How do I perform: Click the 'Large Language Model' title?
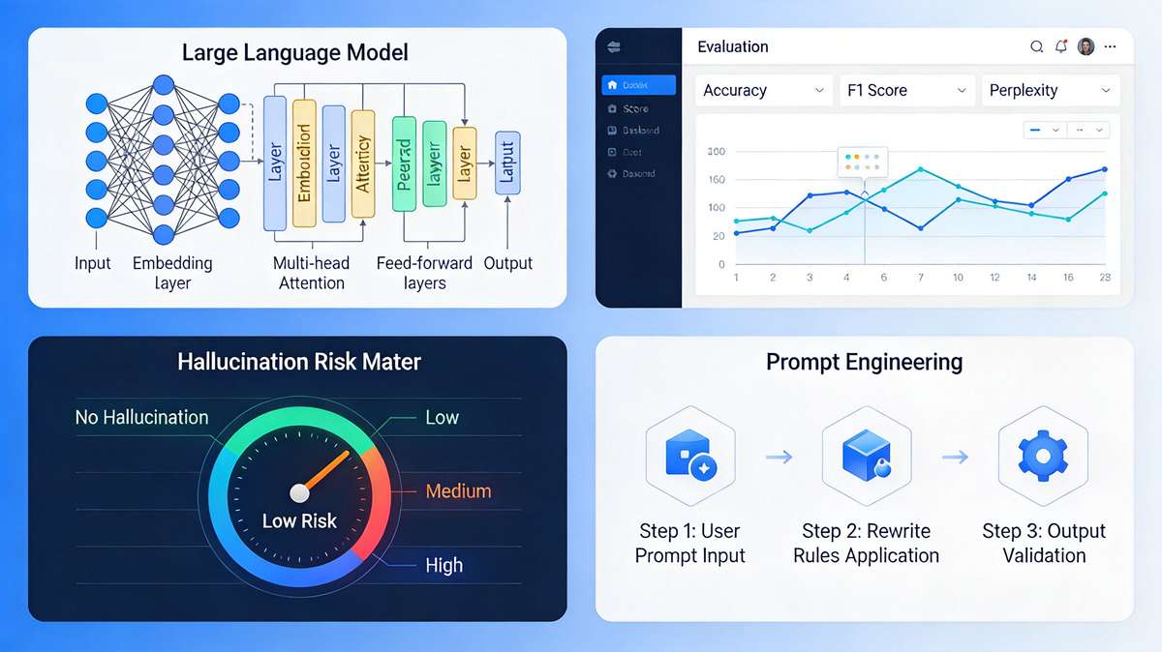point(294,52)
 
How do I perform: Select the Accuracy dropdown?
point(763,90)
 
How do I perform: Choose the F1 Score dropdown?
point(905,90)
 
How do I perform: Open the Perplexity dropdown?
point(1050,90)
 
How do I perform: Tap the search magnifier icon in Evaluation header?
point(1036,46)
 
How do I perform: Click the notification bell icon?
point(1061,46)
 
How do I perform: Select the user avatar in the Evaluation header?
point(1086,46)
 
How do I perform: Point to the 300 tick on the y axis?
point(717,152)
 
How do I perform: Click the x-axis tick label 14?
point(1031,278)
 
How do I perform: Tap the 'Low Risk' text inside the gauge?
point(299,520)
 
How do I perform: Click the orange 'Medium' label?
point(458,490)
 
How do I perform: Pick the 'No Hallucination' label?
point(141,417)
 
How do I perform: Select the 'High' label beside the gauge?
point(443,565)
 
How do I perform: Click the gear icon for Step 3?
point(1043,455)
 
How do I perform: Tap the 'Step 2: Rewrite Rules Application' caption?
point(866,543)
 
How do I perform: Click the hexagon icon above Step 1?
point(689,455)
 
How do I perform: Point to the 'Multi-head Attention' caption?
point(312,273)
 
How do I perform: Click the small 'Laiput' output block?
point(507,161)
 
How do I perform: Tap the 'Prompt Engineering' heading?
point(864,362)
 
